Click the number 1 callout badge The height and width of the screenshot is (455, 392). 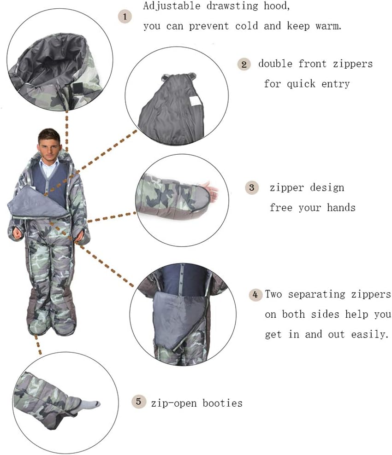click(x=125, y=17)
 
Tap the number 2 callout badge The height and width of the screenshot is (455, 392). click(x=244, y=64)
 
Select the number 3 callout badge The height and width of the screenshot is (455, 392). click(x=251, y=187)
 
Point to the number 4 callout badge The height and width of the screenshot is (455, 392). click(x=255, y=294)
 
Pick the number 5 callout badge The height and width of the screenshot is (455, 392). click(x=138, y=402)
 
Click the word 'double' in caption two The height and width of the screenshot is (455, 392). click(x=275, y=64)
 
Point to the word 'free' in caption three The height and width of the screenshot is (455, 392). click(x=281, y=208)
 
